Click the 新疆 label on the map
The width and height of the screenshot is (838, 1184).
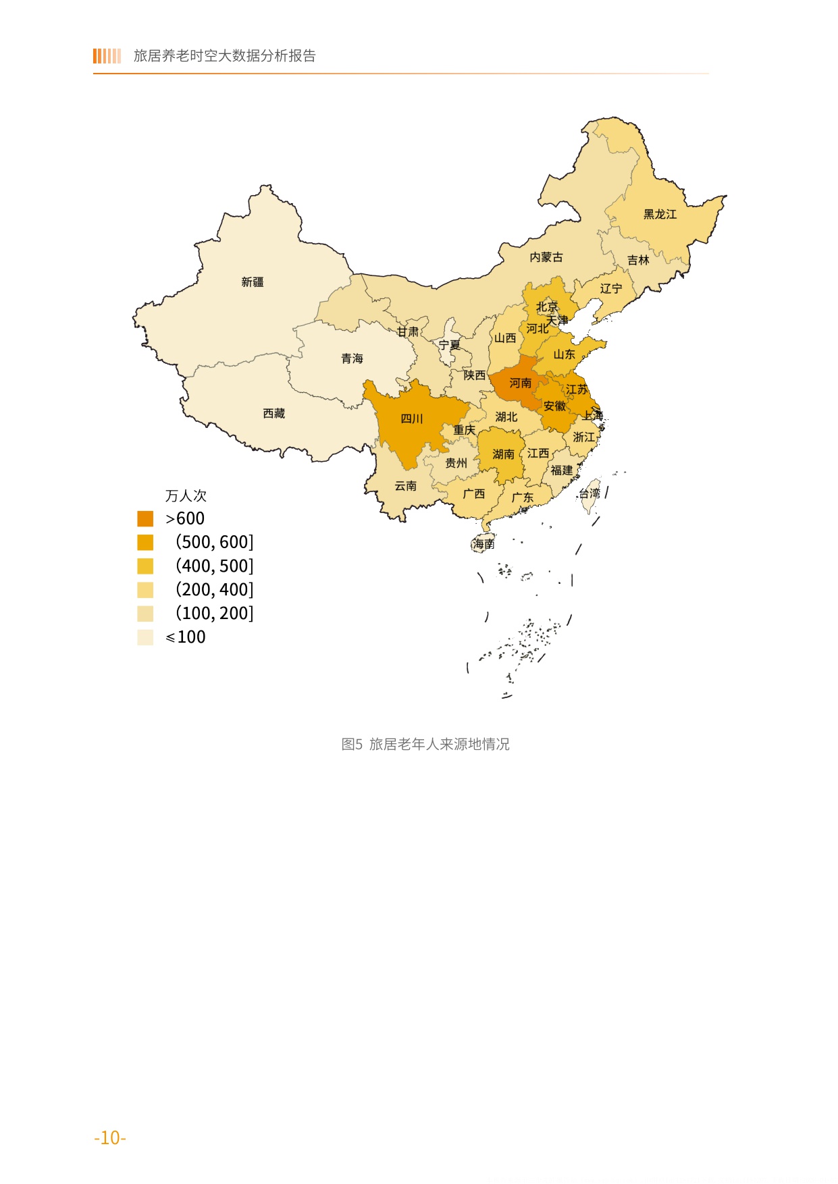[x=253, y=282]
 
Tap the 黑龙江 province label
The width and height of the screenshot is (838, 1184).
[x=660, y=214]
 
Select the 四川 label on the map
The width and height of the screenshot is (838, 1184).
[x=411, y=419]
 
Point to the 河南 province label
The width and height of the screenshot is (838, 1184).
[x=520, y=383]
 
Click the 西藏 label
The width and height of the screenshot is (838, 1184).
[x=274, y=413]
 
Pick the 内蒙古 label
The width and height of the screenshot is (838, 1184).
[x=546, y=257]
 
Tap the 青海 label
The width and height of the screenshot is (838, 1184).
[x=352, y=358]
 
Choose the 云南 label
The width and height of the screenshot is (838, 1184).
[x=405, y=486]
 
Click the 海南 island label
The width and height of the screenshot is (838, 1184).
[x=483, y=543]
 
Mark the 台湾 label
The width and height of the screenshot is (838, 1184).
[x=590, y=493]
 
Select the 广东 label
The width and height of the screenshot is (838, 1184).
[x=522, y=497]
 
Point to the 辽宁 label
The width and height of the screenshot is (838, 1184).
[x=611, y=288]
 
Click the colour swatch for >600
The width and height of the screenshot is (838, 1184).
[x=145, y=518]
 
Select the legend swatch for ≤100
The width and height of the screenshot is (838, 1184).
[x=145, y=637]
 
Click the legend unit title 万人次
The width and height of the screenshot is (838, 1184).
[x=186, y=495]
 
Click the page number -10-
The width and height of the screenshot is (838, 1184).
[x=110, y=1137]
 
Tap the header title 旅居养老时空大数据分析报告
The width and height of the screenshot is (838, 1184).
[x=224, y=56]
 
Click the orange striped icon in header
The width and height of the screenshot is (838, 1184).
[x=107, y=56]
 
